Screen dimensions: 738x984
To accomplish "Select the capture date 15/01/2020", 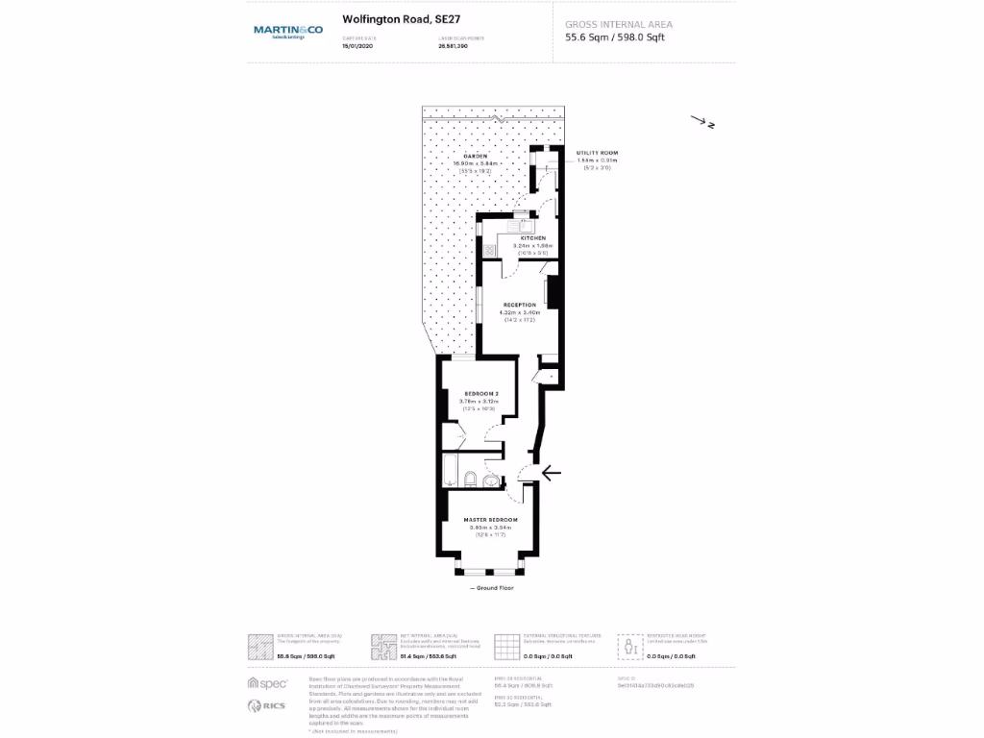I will (x=356, y=45).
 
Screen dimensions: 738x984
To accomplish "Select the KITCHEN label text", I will (x=533, y=238).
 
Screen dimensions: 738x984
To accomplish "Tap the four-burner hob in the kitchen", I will (x=490, y=250).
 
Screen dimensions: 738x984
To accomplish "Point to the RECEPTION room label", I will (x=519, y=305).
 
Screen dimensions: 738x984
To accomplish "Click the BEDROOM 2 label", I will (x=480, y=394).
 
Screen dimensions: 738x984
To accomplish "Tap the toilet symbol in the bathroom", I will (x=468, y=479).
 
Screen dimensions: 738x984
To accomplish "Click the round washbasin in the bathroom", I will (x=490, y=480).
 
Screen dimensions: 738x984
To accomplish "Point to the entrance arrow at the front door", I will (x=552, y=472).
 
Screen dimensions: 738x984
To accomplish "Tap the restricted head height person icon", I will (x=630, y=647).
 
